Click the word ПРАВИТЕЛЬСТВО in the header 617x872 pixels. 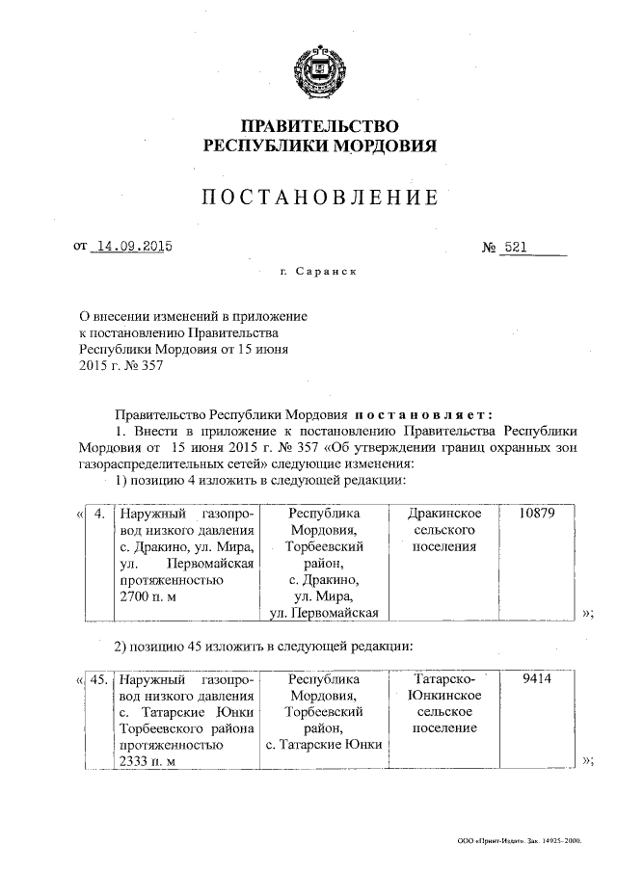[x=318, y=126]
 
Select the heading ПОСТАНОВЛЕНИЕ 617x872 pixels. [x=319, y=198]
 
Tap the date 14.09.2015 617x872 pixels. [x=130, y=247]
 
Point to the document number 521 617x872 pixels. [x=517, y=247]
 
